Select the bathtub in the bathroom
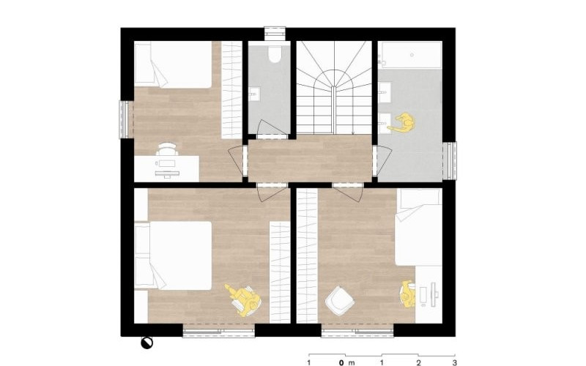coord(412,55)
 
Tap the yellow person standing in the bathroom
coord(402,123)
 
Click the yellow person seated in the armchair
coord(243,299)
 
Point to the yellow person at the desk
coord(408,294)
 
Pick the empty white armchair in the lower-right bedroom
coord(339,301)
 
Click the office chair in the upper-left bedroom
coord(166,149)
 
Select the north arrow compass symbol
coord(146,343)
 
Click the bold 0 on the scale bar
coord(341,362)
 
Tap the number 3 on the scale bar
coord(454,362)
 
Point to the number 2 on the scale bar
coord(418,362)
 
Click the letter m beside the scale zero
coord(351,362)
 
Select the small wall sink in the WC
coord(254,94)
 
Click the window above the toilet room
coord(275,33)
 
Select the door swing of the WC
coord(272,130)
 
